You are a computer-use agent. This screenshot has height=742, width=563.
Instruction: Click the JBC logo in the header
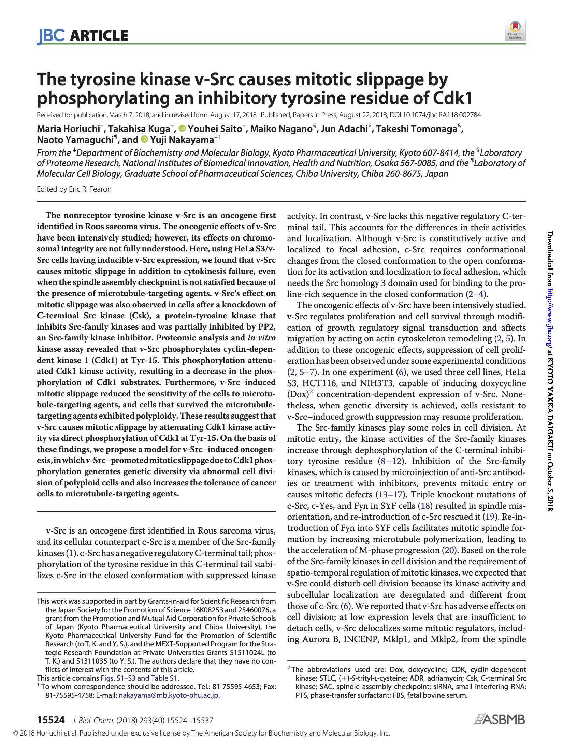51,36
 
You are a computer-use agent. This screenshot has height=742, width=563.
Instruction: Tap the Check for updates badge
515,30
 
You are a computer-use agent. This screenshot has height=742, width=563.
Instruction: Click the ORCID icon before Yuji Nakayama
145,139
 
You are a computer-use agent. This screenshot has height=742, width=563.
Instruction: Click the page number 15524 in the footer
50,720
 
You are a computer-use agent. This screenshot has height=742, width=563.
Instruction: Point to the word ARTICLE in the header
99,36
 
